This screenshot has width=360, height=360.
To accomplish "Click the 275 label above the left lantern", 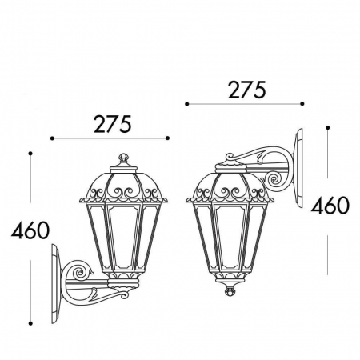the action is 113,124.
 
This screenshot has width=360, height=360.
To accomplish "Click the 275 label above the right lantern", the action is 247,90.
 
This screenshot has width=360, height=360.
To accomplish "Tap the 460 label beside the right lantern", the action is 330,206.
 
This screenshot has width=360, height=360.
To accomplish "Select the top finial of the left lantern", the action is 123,158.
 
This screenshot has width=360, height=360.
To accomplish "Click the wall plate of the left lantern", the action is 55,284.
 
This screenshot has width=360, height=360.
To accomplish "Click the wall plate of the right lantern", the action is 298,169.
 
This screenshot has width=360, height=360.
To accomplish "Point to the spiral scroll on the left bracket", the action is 80,273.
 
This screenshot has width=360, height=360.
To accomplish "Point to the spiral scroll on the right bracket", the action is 274,179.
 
